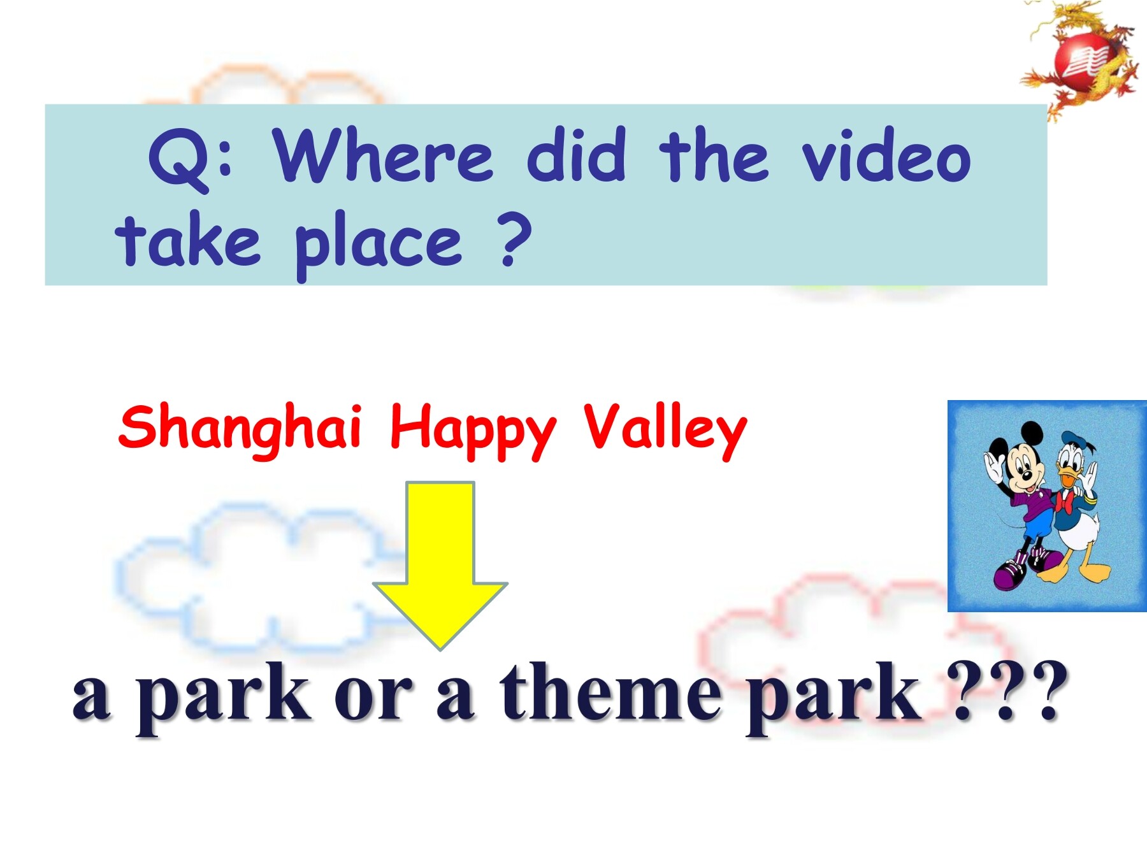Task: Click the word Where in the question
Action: click(383, 155)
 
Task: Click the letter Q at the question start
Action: click(180, 160)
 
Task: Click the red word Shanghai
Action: click(240, 429)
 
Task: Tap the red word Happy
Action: click(473, 430)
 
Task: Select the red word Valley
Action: click(665, 430)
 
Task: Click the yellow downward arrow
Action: click(440, 565)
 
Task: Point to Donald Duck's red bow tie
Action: click(1064, 501)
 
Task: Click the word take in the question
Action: click(188, 240)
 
